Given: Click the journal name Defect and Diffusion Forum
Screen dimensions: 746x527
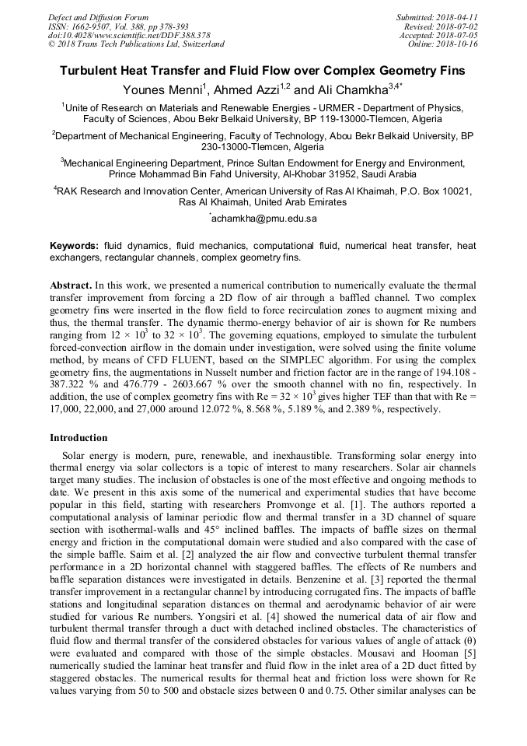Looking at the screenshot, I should click(98, 17).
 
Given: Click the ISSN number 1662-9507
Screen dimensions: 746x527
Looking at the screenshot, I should click(91, 26).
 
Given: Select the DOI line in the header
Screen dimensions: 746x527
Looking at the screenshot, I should click(129, 35).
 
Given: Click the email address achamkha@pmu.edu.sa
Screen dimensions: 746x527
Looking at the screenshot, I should click(264, 219).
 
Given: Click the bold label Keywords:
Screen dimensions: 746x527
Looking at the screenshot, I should click(75, 245).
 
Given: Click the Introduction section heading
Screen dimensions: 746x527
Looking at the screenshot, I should click(79, 438).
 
